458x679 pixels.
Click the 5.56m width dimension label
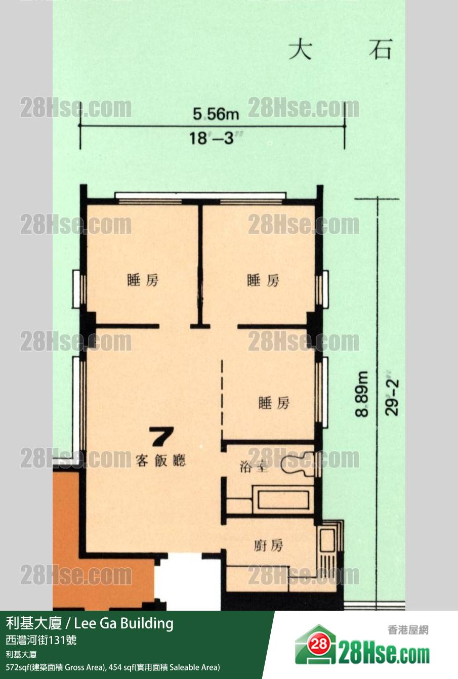pyautogui.click(x=216, y=114)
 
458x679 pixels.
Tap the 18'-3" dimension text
pyautogui.click(x=216, y=139)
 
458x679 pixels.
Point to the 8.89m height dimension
pyautogui.click(x=362, y=394)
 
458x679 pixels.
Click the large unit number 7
pyautogui.click(x=162, y=436)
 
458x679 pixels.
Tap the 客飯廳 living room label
pyautogui.click(x=160, y=460)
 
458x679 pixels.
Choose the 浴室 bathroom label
pyautogui.click(x=254, y=467)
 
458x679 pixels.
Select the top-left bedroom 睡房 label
pyautogui.click(x=143, y=280)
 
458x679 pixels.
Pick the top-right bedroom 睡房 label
pyautogui.click(x=263, y=280)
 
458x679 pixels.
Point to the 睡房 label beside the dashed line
pyautogui.click(x=274, y=403)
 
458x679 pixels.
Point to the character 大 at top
pyautogui.click(x=300, y=50)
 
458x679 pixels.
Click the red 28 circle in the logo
pyautogui.click(x=319, y=644)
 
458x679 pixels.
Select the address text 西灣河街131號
pyautogui.click(x=41, y=640)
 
